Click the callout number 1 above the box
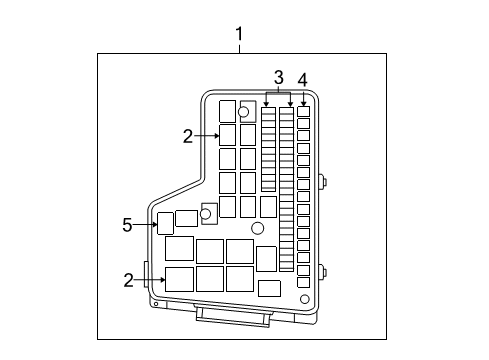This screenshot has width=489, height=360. [x=240, y=37]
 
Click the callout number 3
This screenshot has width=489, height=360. [x=279, y=78]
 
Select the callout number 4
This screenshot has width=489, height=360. [x=303, y=78]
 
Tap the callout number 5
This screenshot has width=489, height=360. [x=127, y=226]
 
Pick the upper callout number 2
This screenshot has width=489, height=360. [x=187, y=136]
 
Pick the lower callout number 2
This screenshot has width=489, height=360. [x=128, y=281]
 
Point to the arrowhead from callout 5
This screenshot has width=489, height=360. [x=154, y=226]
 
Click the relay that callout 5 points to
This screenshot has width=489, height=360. [x=166, y=223]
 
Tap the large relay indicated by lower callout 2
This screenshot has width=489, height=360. [x=180, y=279]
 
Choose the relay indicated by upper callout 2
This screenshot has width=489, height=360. [x=227, y=135]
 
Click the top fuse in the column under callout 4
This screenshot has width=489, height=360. [x=303, y=113]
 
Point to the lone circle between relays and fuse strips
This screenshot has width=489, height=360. [x=257, y=229]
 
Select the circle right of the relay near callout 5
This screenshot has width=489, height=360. [x=207, y=213]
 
